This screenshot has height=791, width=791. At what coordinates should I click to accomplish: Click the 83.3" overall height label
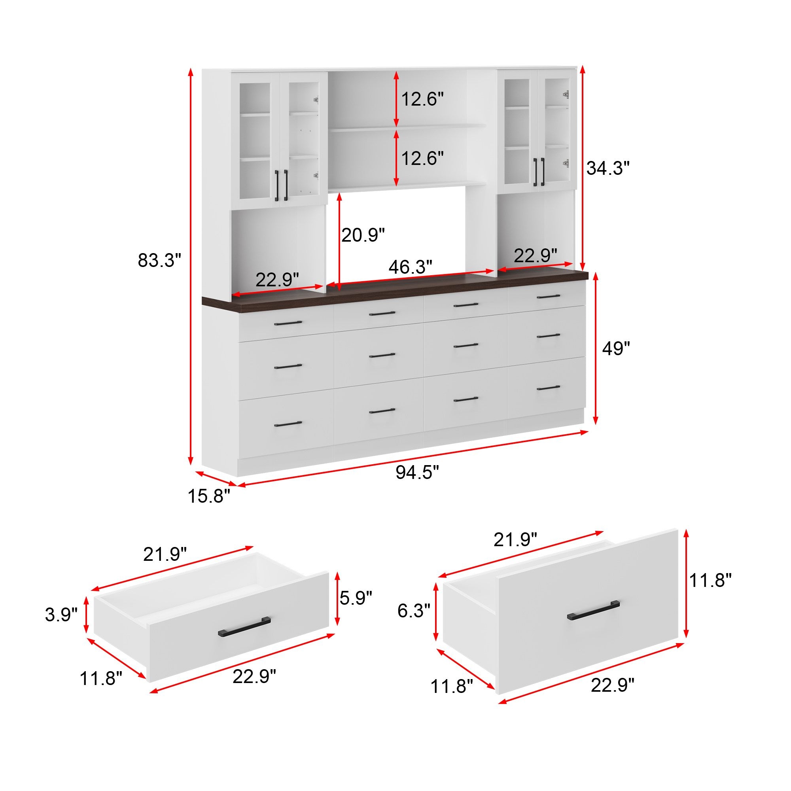click(x=159, y=260)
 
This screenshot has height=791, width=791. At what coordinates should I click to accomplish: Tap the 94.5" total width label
click(x=417, y=473)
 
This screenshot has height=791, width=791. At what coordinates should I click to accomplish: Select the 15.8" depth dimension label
click(x=209, y=496)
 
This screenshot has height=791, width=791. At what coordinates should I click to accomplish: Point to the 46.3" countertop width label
click(x=410, y=267)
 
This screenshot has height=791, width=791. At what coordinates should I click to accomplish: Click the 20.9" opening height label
click(x=363, y=235)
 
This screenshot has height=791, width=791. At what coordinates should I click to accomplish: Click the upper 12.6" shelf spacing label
click(x=422, y=99)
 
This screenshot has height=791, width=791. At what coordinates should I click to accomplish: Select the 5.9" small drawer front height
click(x=356, y=598)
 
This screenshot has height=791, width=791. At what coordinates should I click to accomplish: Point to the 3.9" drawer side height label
click(x=61, y=615)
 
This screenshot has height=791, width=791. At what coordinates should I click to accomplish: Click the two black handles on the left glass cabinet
click(x=281, y=185)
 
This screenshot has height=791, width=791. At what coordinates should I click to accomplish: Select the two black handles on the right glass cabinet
click(x=539, y=172)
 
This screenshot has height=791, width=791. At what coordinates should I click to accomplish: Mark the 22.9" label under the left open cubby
click(x=277, y=280)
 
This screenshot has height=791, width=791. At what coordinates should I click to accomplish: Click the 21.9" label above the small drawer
click(x=165, y=554)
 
